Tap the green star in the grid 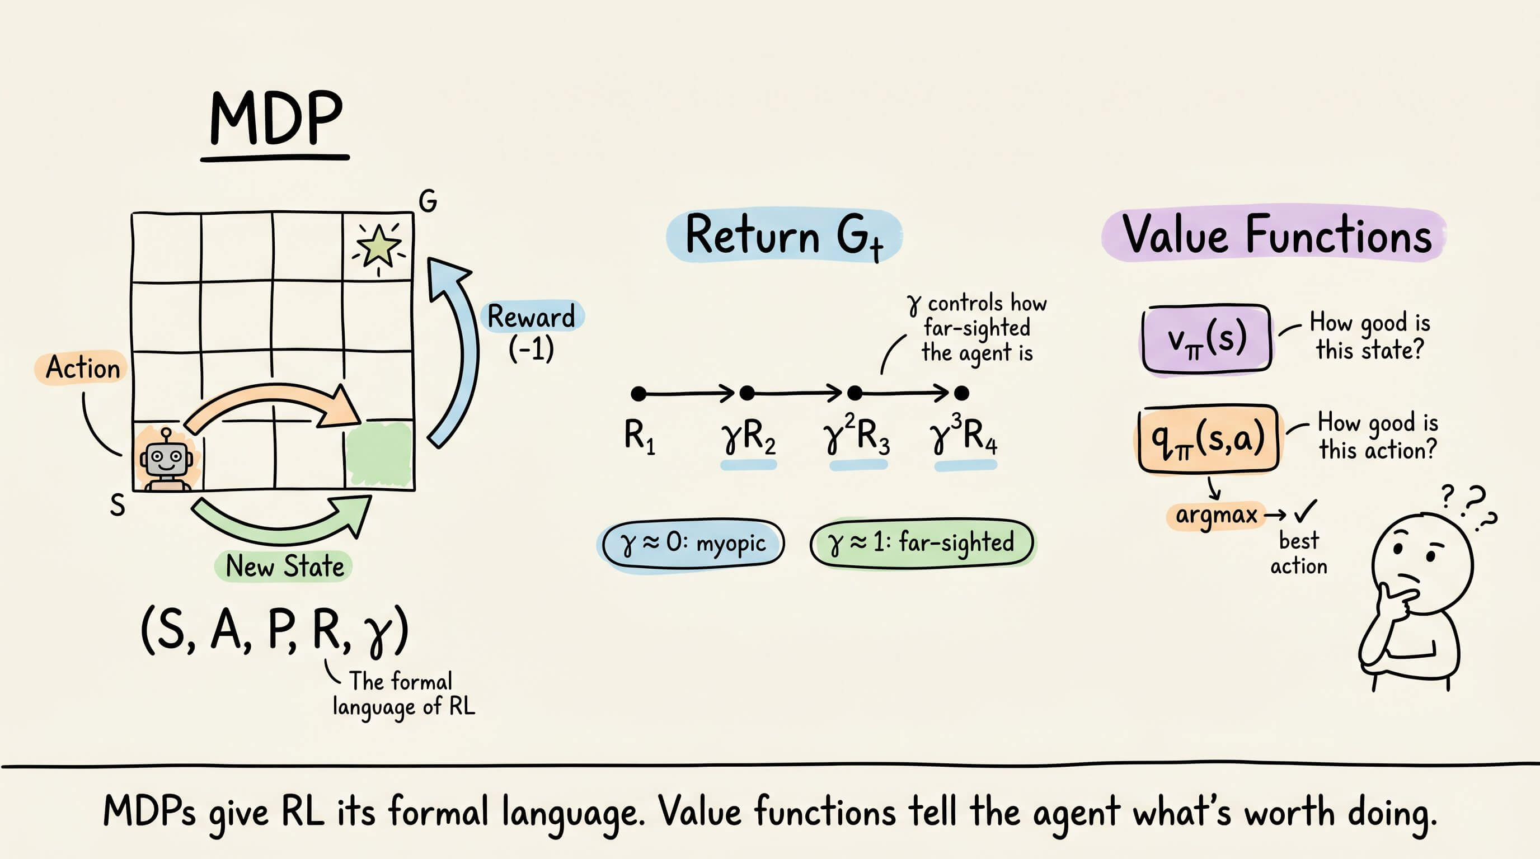pos(378,246)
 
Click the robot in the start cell pos(166,459)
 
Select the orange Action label pos(83,367)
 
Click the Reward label pos(532,317)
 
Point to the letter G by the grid pos(428,201)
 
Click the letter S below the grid pos(118,506)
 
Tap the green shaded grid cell pos(379,454)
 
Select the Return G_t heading pos(784,235)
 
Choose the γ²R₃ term pos(857,435)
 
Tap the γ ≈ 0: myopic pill pos(692,544)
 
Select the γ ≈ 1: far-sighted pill pos(922,542)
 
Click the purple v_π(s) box pos(1206,339)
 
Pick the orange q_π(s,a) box pos(1208,439)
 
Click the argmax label pos(1216,515)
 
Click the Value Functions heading pos(1276,234)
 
